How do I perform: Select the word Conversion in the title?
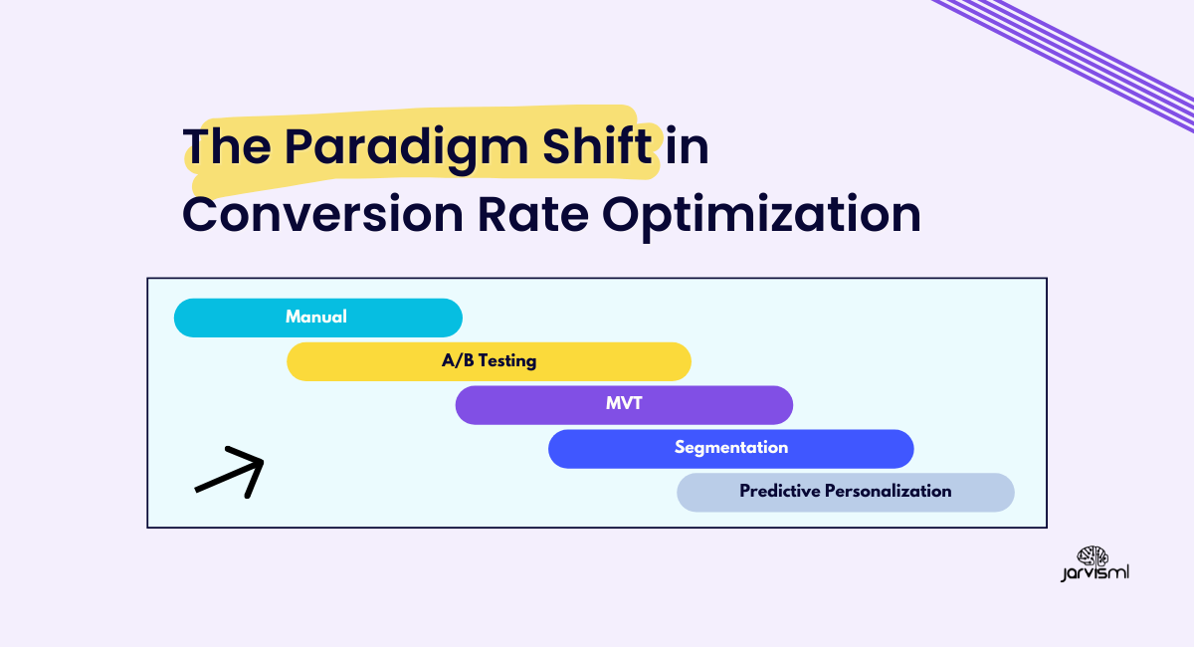(323, 215)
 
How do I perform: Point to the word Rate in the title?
(533, 214)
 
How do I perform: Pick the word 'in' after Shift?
(688, 145)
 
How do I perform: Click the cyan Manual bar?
(318, 318)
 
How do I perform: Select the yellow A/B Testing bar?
(489, 361)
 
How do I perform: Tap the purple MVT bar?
(624, 405)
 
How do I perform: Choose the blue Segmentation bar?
(730, 449)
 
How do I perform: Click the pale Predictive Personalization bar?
(846, 493)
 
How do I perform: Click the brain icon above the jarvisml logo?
(1093, 556)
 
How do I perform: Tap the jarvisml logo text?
(1094, 573)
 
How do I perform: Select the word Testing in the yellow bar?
(507, 361)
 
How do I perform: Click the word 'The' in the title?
(227, 145)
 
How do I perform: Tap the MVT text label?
(624, 403)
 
